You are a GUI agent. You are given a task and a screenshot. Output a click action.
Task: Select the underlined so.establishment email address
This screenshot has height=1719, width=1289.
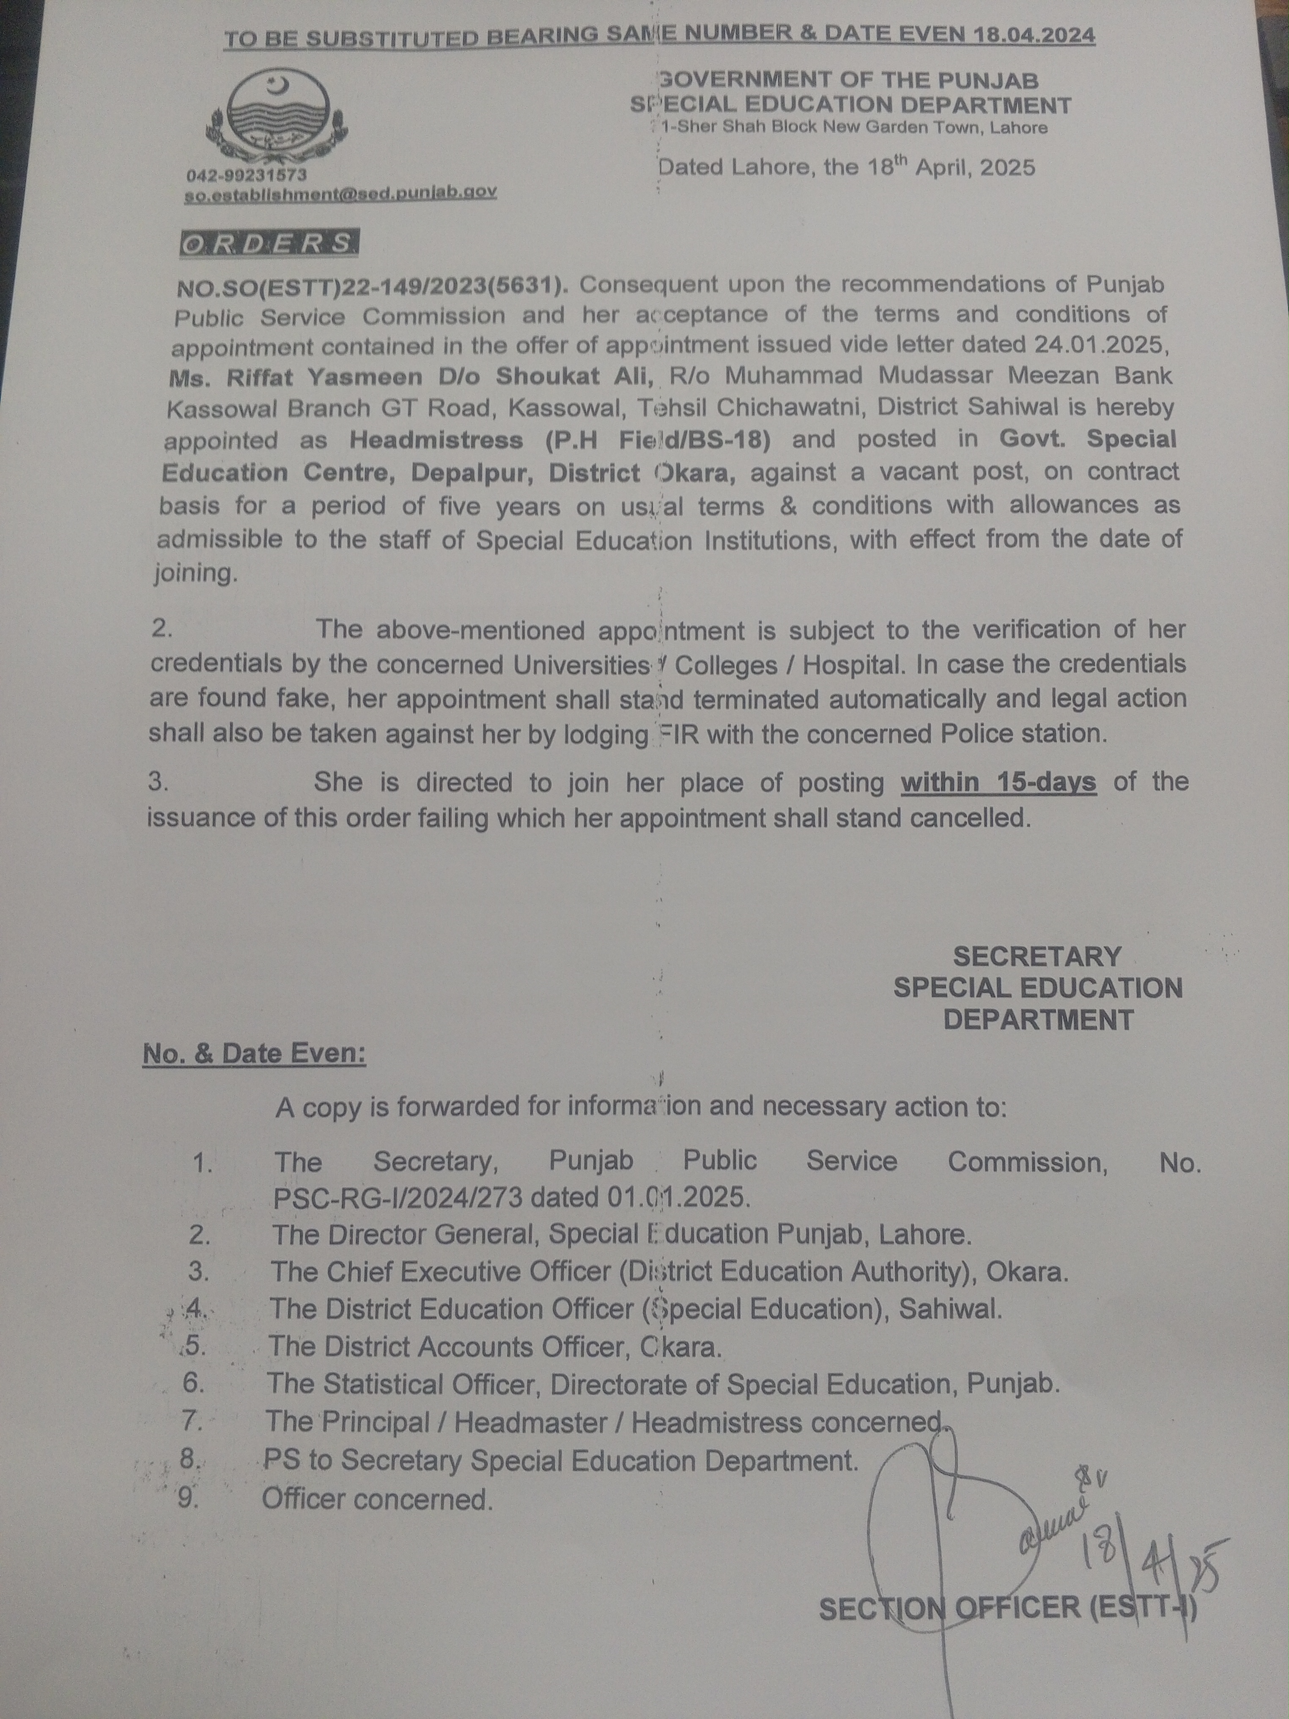pyautogui.click(x=340, y=193)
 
